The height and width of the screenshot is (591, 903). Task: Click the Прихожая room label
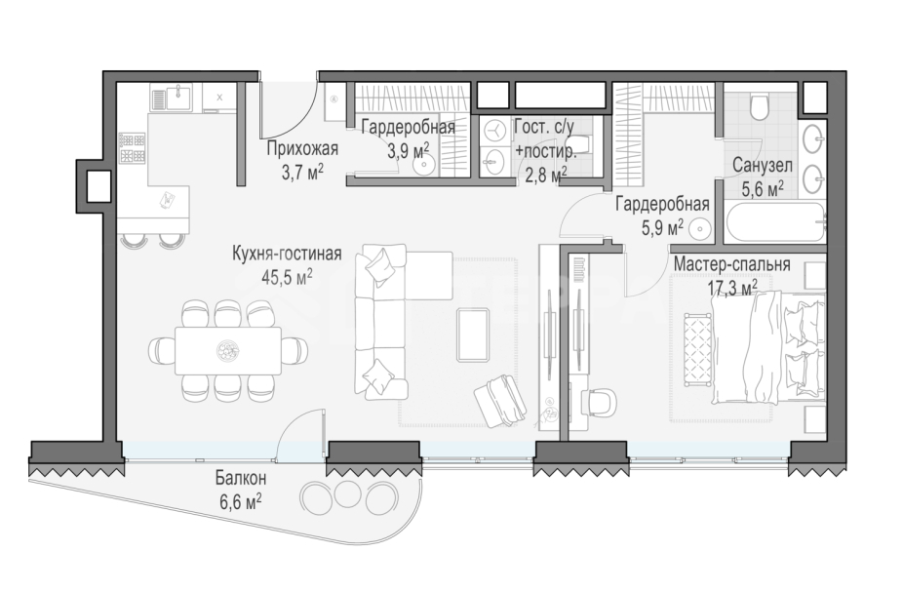click(302, 148)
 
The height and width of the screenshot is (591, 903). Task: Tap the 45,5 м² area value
click(288, 277)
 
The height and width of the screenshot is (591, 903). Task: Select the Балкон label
click(241, 478)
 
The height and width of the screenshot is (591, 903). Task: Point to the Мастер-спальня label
click(731, 264)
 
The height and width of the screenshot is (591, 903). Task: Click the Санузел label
click(763, 166)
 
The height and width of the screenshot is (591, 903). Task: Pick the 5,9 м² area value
click(663, 227)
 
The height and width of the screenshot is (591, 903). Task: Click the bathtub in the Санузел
click(774, 221)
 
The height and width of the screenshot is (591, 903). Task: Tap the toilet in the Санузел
click(761, 105)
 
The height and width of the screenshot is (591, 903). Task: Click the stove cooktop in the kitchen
click(133, 148)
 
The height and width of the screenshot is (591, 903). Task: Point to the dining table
click(228, 351)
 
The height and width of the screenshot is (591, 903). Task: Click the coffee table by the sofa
click(474, 335)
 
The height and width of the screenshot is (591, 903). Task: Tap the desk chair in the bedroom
click(599, 400)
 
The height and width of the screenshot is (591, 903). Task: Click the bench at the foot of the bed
click(697, 350)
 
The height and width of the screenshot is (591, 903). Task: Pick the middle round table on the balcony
click(347, 492)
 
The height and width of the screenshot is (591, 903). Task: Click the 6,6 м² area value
click(241, 501)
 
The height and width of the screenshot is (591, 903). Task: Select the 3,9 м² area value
click(409, 152)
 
